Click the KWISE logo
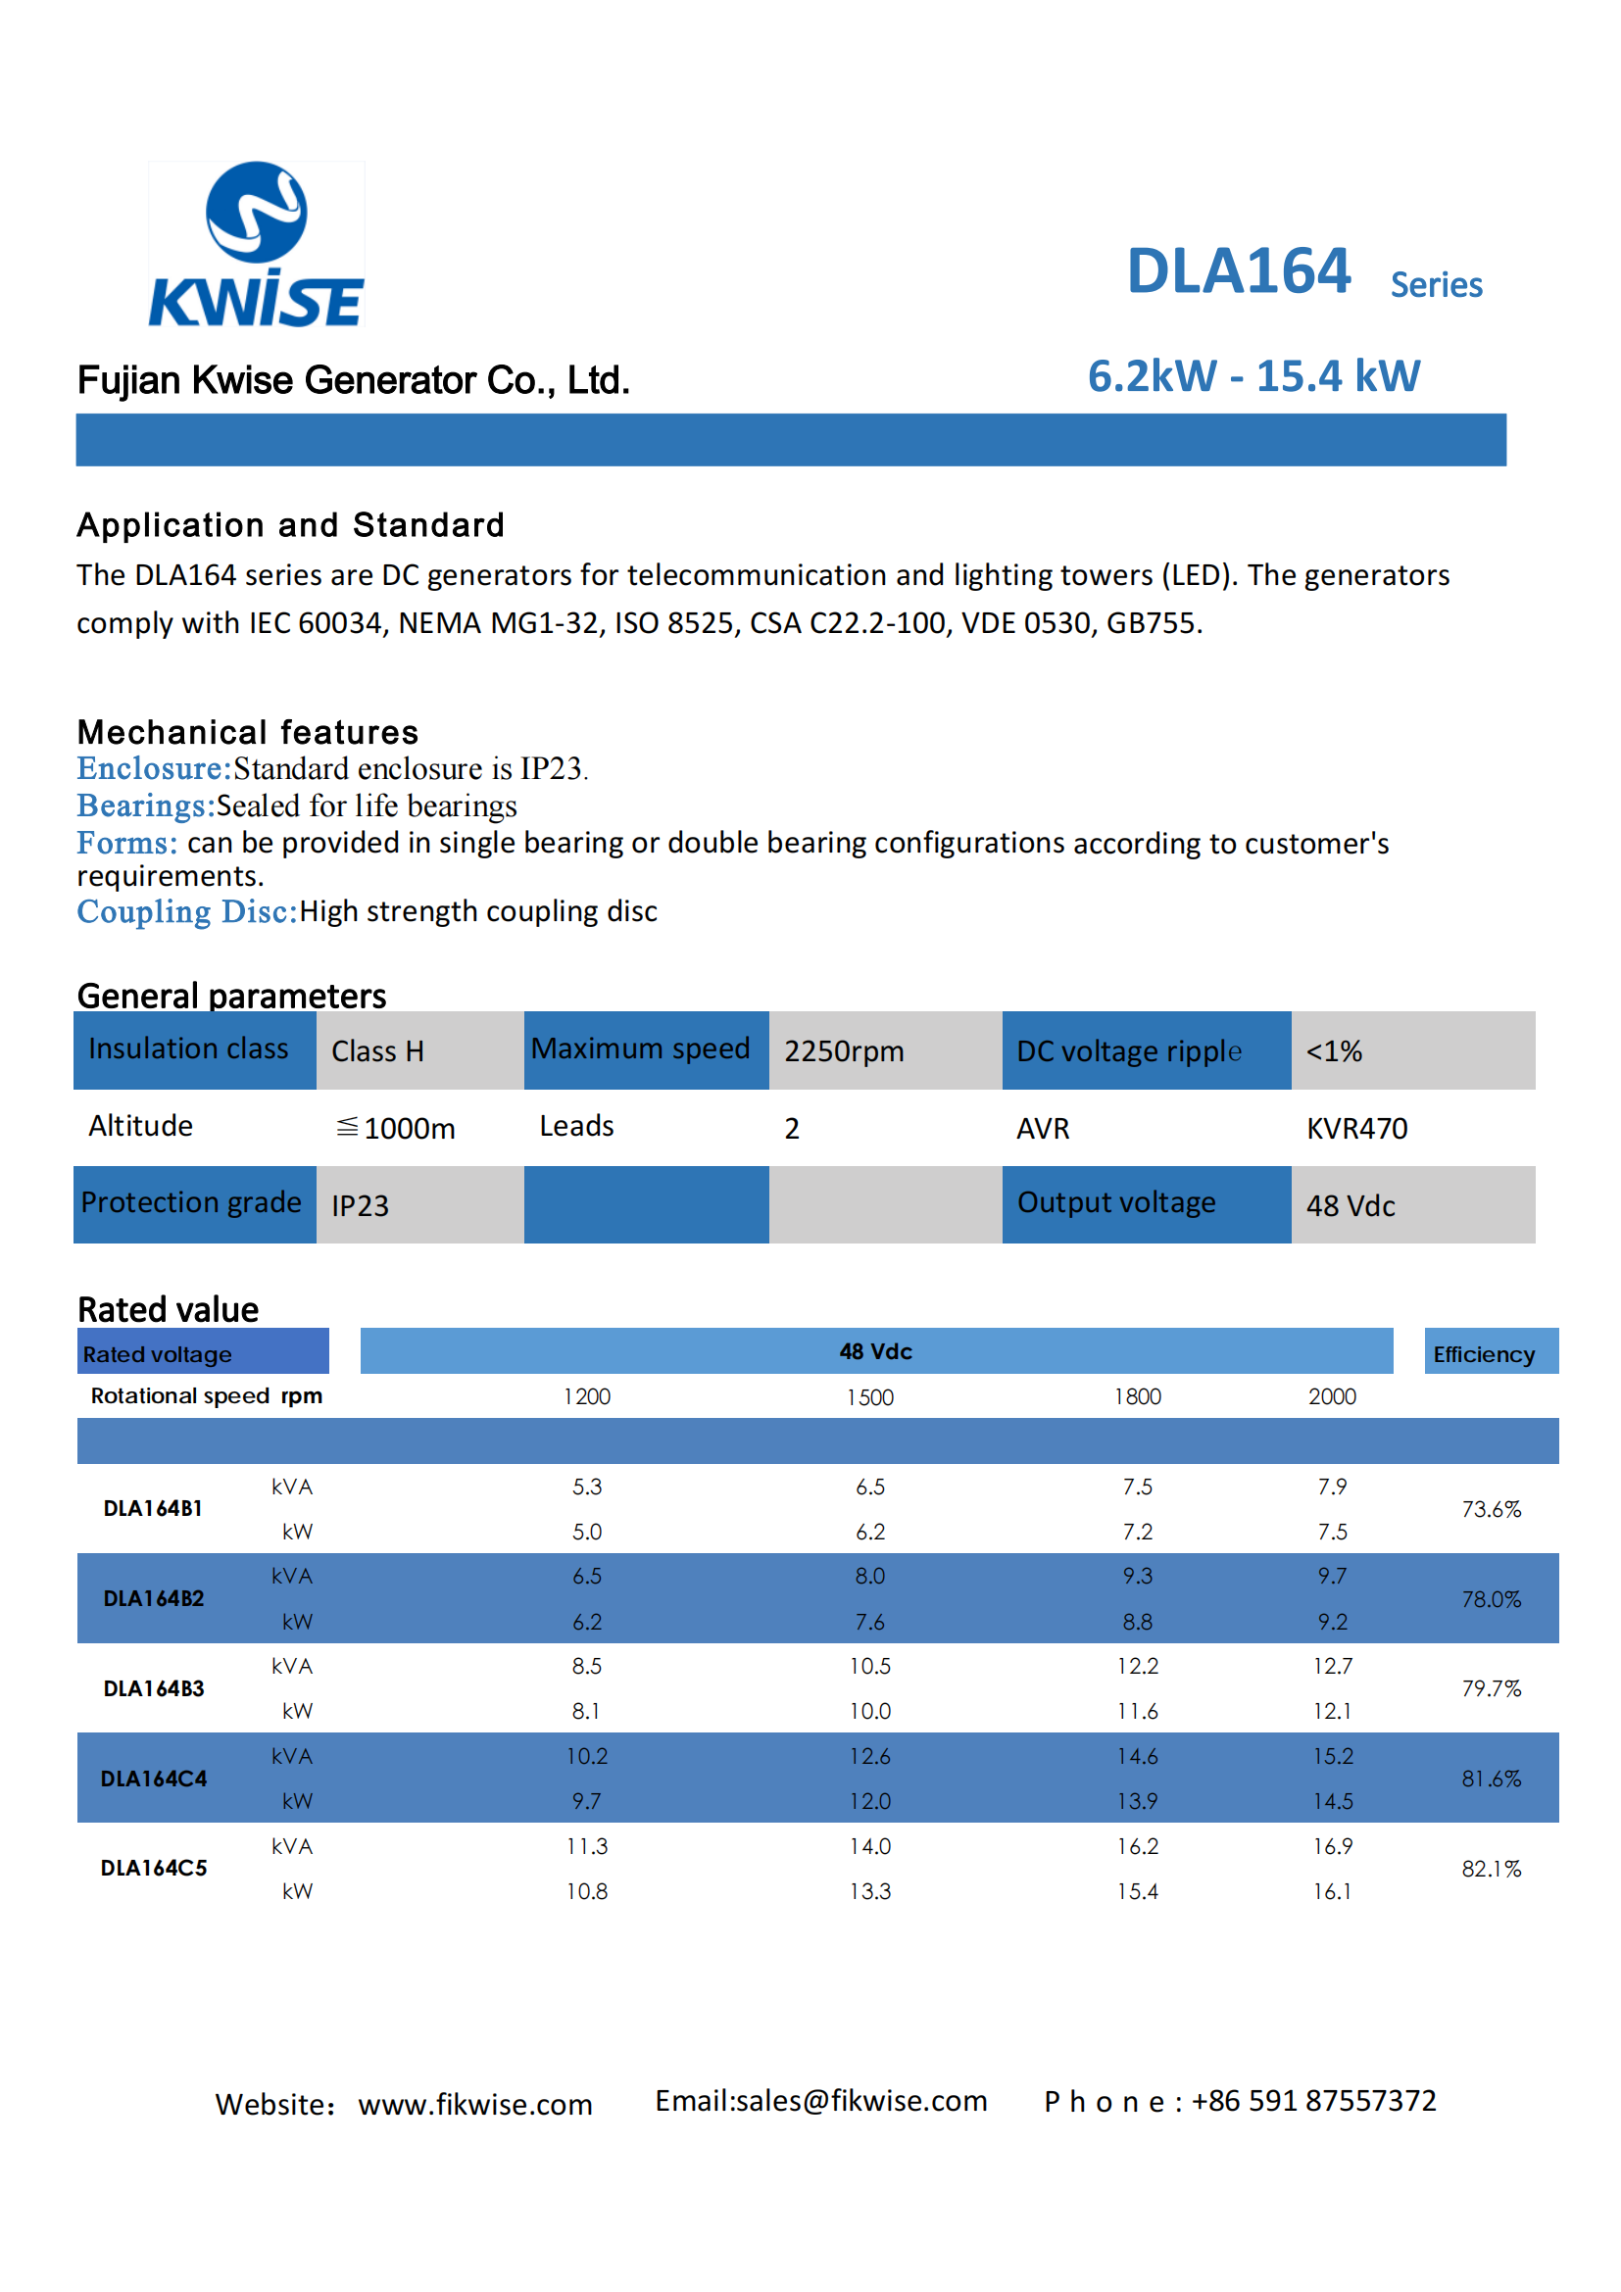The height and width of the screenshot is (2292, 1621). pos(257,245)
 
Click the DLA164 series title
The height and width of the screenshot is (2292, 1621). pos(1304,272)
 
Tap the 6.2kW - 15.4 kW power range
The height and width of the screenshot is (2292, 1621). pos(1253,376)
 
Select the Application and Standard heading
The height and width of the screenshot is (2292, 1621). pos(290,525)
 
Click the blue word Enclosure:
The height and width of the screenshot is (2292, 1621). pos(155,768)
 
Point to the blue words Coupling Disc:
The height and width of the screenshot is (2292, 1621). pos(187,911)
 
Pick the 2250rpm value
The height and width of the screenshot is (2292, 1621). pos(845,1051)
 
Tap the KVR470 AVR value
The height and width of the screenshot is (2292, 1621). pos(1356,1128)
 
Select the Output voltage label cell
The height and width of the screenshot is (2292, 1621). pos(1146,1204)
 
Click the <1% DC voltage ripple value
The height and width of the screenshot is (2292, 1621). pos(1335,1051)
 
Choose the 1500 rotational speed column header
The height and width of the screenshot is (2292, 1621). pos(870,1397)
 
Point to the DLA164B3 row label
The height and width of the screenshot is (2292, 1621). pos(154,1689)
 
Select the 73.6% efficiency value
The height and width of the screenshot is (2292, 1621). pos(1492,1509)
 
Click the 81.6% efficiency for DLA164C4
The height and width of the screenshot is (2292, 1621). pos(1492,1779)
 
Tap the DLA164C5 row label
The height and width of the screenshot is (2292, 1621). pos(154,1869)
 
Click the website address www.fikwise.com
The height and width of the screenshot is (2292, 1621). pos(475,2104)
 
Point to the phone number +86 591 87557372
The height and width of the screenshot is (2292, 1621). pos(1313,2100)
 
